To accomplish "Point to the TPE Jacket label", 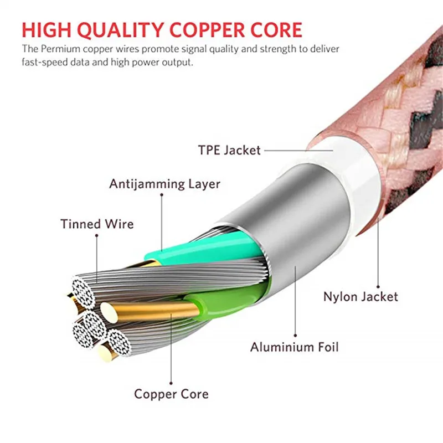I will click(x=229, y=150).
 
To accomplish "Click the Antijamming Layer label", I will click(x=164, y=184).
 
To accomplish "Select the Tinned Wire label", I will click(x=97, y=224).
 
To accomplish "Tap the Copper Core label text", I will click(x=171, y=394).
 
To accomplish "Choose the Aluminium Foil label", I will click(x=294, y=347).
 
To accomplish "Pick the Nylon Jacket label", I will click(x=360, y=296).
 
